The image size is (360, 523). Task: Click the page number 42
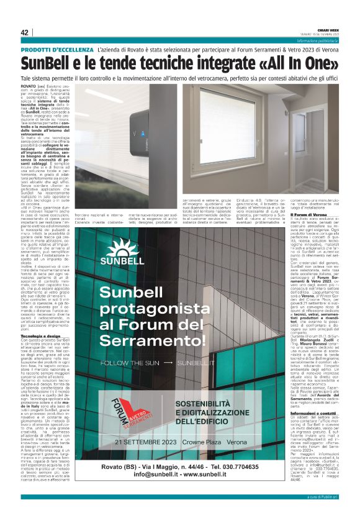[x=24, y=32]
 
